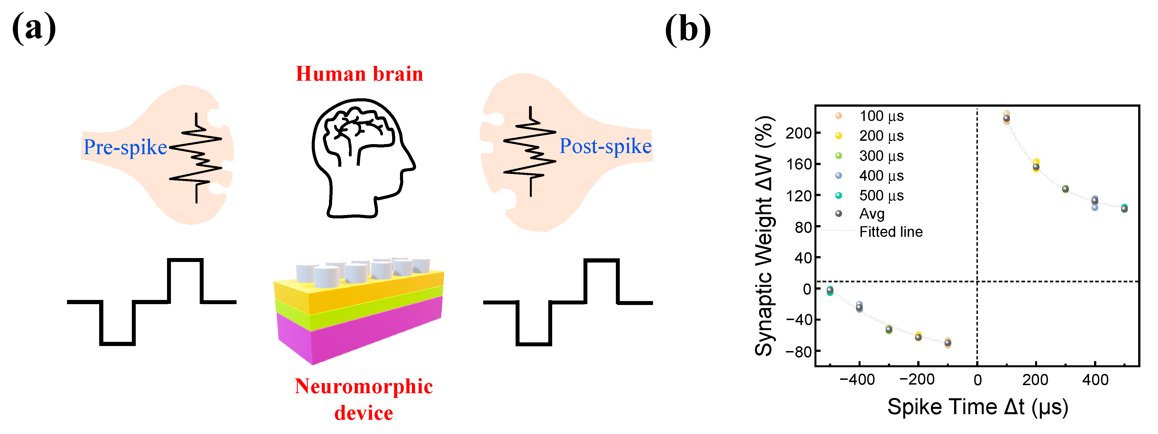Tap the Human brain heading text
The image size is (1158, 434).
pyautogui.click(x=359, y=74)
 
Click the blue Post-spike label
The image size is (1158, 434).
pyautogui.click(x=605, y=146)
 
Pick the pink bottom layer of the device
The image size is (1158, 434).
pyautogui.click(x=360, y=332)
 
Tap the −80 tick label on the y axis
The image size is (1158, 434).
pyautogui.click(x=798, y=351)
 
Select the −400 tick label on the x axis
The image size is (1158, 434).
pyautogui.click(x=857, y=380)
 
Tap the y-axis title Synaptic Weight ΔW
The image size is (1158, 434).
pyautogui.click(x=763, y=236)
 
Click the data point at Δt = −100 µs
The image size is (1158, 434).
pyautogui.click(x=948, y=343)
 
